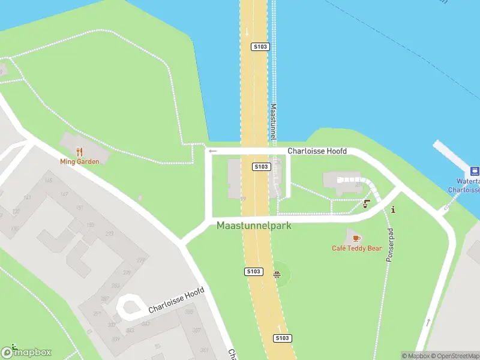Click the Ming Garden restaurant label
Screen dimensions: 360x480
[x=79, y=161]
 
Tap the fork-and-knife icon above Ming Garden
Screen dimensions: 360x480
[x=79, y=152]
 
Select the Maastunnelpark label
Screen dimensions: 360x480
[x=254, y=226]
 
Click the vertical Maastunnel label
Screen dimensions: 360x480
[x=273, y=123]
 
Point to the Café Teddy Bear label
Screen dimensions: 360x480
[x=356, y=248]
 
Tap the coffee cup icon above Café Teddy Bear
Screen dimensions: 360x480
[x=356, y=238]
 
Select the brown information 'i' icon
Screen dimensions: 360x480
[x=393, y=209]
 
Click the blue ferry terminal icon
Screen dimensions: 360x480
[x=474, y=171]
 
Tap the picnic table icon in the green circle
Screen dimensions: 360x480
[x=277, y=275]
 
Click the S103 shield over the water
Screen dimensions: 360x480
[x=260, y=46]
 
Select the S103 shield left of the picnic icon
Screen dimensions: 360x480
[x=254, y=272]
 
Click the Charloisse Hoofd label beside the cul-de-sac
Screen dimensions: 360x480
[x=176, y=302]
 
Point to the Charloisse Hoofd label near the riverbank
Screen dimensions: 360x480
[x=317, y=151]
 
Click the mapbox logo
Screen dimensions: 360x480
[x=26, y=352]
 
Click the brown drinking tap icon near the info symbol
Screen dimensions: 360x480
[x=367, y=203]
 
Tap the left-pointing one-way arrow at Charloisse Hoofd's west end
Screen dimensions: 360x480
[x=212, y=151]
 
